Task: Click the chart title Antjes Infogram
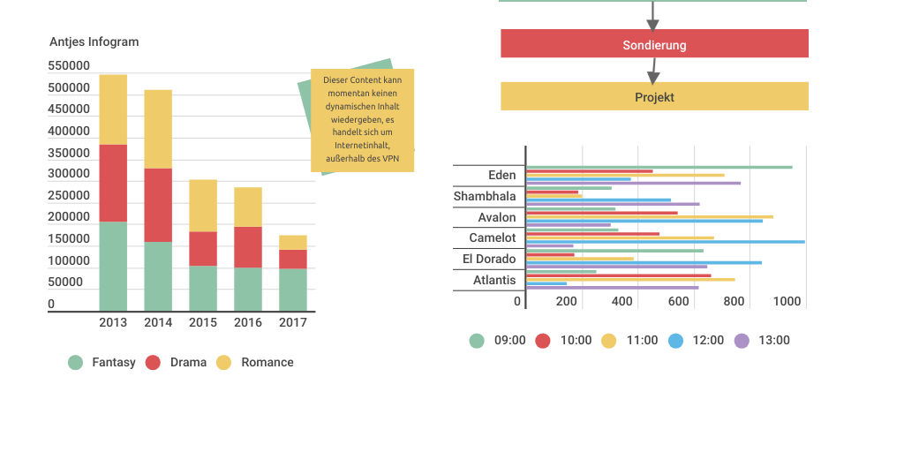pyautogui.click(x=94, y=41)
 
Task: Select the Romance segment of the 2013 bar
pyautogui.click(x=113, y=109)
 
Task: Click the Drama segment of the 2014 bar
pyautogui.click(x=158, y=205)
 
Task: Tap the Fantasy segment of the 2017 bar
pyautogui.click(x=293, y=290)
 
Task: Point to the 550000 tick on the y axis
pyautogui.click(x=69, y=66)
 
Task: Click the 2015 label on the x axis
pyautogui.click(x=203, y=322)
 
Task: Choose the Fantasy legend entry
pyautogui.click(x=102, y=362)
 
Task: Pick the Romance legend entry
pyautogui.click(x=255, y=362)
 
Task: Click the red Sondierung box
pyautogui.click(x=654, y=44)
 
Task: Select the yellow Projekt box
pyautogui.click(x=654, y=96)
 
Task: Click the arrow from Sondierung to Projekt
pyautogui.click(x=653, y=70)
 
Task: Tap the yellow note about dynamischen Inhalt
pyautogui.click(x=362, y=120)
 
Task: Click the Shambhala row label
pyautogui.click(x=485, y=196)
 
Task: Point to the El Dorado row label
pyautogui.click(x=489, y=259)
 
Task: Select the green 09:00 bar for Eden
pyautogui.click(x=659, y=167)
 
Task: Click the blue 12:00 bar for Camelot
pyautogui.click(x=665, y=241)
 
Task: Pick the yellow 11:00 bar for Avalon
pyautogui.click(x=649, y=216)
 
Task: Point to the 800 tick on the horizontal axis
pyautogui.click(x=734, y=301)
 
